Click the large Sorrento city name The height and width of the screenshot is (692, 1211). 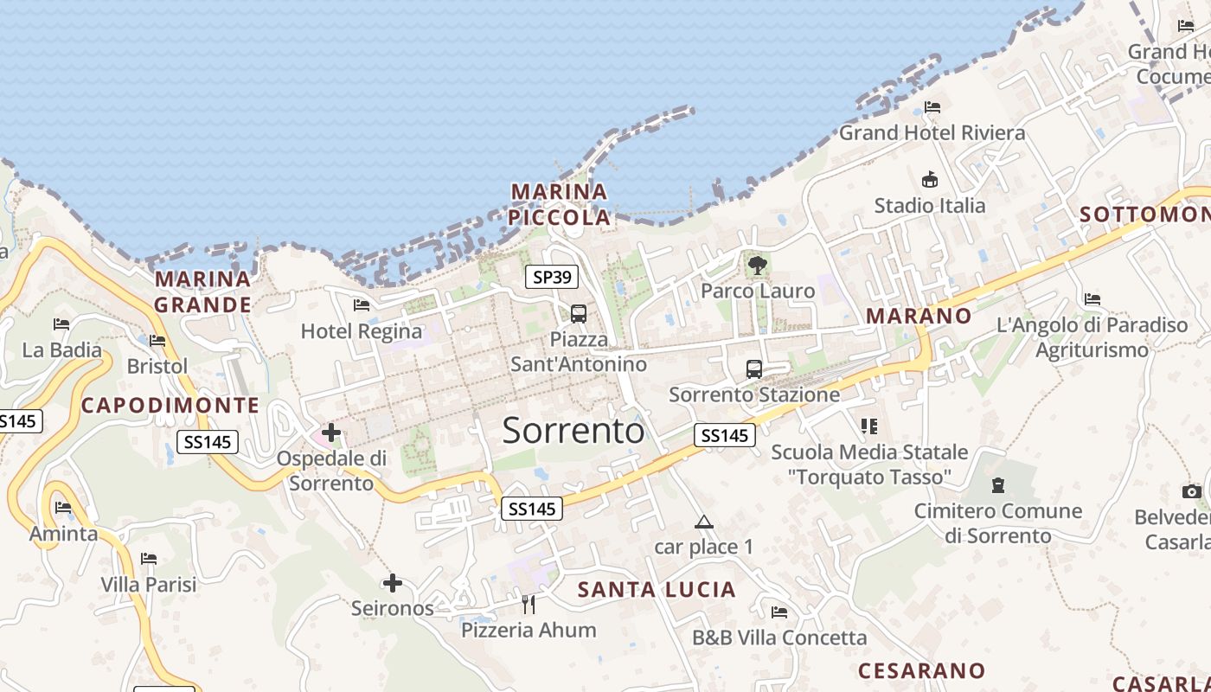pyautogui.click(x=573, y=430)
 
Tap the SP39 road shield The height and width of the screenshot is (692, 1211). pyautogui.click(x=552, y=277)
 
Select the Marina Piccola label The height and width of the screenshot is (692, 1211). pyautogui.click(x=560, y=204)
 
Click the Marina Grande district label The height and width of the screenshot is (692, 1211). pyautogui.click(x=202, y=292)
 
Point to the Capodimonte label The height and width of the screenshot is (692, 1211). pyautogui.click(x=170, y=406)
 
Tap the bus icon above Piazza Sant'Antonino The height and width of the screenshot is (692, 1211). pyautogui.click(x=579, y=314)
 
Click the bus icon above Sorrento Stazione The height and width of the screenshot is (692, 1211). pyautogui.click(x=754, y=369)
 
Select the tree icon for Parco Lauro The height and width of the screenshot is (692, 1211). pyautogui.click(x=758, y=265)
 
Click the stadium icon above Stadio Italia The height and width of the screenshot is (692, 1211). pyautogui.click(x=930, y=180)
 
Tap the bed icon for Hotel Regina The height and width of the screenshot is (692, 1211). pyautogui.click(x=362, y=304)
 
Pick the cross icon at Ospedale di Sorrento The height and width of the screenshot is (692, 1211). pyautogui.click(x=331, y=432)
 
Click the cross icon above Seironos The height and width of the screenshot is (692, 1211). pyautogui.click(x=393, y=583)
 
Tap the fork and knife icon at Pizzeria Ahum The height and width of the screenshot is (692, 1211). pyautogui.click(x=529, y=604)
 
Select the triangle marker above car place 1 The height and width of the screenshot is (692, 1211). pyautogui.click(x=704, y=522)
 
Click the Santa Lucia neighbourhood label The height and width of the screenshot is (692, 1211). pyautogui.click(x=657, y=590)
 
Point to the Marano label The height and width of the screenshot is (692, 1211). pyautogui.click(x=919, y=316)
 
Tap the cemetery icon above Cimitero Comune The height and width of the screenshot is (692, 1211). pyautogui.click(x=998, y=485)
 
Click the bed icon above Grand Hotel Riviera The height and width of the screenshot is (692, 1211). pyautogui.click(x=932, y=107)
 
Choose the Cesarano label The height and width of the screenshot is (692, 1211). pyautogui.click(x=921, y=670)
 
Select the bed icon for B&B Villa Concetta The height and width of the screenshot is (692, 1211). pyautogui.click(x=779, y=612)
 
